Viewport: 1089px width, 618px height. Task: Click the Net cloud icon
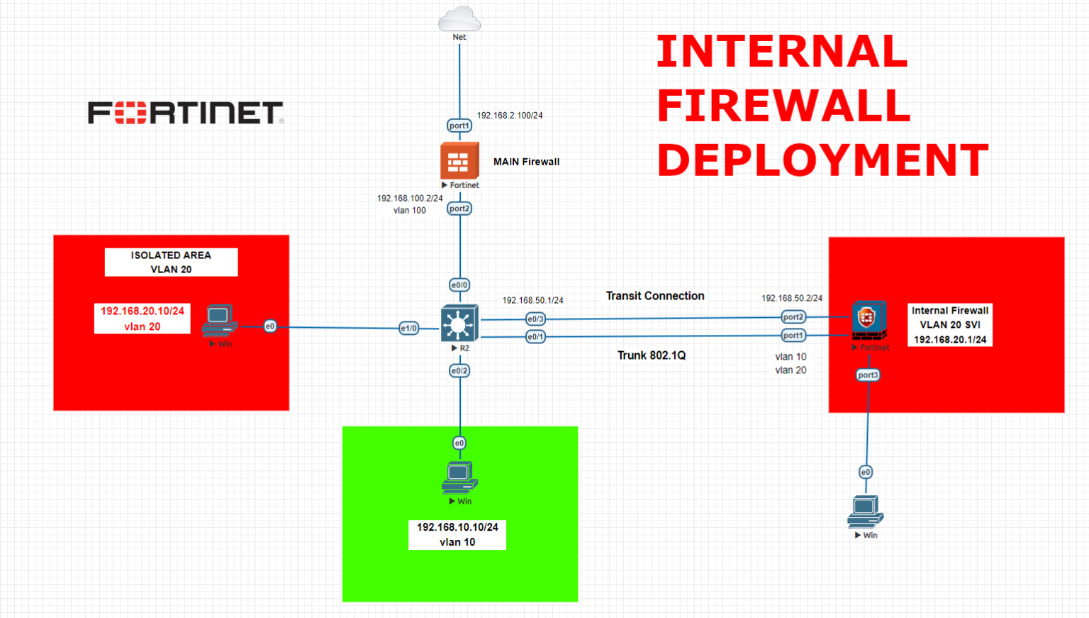click(x=459, y=19)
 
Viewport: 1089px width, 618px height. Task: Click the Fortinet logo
click(x=186, y=113)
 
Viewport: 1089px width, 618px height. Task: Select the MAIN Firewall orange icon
click(x=459, y=161)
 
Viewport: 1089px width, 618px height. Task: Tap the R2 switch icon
click(x=459, y=324)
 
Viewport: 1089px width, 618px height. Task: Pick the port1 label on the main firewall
click(x=459, y=126)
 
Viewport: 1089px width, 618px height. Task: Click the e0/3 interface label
click(x=535, y=319)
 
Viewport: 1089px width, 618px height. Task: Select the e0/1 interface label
click(x=535, y=337)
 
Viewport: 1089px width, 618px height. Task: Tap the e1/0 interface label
click(x=409, y=328)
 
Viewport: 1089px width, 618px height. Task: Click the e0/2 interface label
click(x=459, y=370)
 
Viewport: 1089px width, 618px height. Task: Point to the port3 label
click(x=868, y=375)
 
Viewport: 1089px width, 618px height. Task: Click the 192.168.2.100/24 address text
click(x=509, y=115)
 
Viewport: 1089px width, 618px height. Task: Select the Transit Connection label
click(x=655, y=296)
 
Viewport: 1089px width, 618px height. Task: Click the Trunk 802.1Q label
click(x=651, y=355)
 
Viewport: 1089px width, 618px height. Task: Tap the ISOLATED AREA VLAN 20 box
click(x=171, y=262)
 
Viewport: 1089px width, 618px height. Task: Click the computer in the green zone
click(x=459, y=477)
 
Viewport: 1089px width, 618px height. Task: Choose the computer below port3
click(x=865, y=512)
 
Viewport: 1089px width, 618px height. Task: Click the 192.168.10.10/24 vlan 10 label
click(x=457, y=534)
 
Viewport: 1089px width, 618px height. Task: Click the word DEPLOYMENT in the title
click(x=822, y=160)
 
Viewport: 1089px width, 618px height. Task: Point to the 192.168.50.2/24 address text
click(x=791, y=298)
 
